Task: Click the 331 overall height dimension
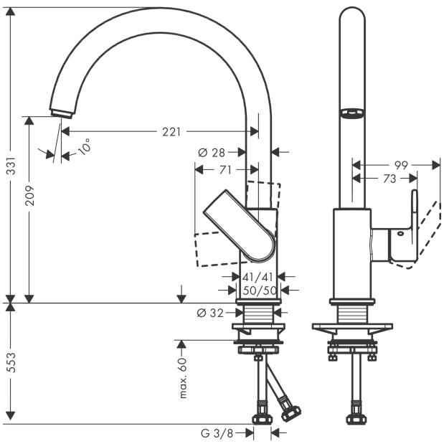tap(11, 166)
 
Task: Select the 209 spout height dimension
tap(29, 195)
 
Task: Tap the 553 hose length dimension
tap(11, 362)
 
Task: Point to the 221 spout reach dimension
tap(171, 132)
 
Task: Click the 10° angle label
tap(84, 146)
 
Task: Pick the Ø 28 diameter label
tap(212, 153)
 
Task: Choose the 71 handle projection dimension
tap(225, 170)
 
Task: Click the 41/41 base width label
tap(258, 277)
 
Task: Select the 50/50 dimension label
tap(260, 291)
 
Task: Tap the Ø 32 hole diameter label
tap(210, 313)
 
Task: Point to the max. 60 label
tap(183, 378)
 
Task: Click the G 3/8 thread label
tap(217, 433)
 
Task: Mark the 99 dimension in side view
tap(401, 165)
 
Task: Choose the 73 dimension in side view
tap(389, 179)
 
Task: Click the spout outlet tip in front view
tap(62, 114)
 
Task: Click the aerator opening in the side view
tap(352, 113)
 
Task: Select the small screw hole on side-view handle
tap(400, 233)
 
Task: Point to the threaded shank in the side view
tap(352, 314)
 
